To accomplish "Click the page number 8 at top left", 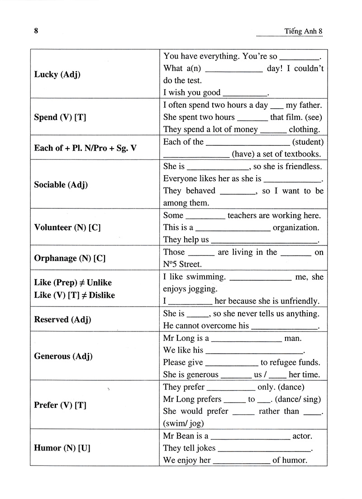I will tap(36, 31).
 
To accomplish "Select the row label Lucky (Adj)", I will tap(57, 74).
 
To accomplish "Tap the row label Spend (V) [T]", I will tap(60, 117).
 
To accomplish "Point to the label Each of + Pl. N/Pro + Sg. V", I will tap(85, 148).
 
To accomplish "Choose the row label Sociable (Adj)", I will tap(61, 184).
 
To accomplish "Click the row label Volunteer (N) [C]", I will tap(67, 227).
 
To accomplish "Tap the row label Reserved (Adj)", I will tap(62, 320).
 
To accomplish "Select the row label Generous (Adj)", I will tap(63, 356).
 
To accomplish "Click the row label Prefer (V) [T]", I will tap(60, 405).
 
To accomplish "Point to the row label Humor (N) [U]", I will tap(62, 448).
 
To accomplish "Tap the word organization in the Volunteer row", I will tap(297, 227).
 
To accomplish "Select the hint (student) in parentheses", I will tap(308, 142).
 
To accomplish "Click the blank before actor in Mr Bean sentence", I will tap(250, 437).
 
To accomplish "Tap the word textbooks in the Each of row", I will tap(302, 154).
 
